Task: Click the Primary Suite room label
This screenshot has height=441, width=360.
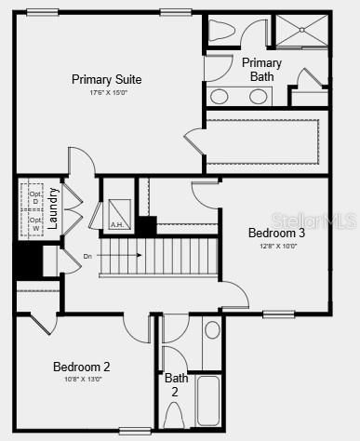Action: [107, 79]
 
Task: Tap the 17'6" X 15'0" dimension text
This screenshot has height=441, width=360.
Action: [107, 92]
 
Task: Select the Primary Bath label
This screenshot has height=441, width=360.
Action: [261, 70]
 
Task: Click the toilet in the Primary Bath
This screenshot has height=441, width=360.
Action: [220, 31]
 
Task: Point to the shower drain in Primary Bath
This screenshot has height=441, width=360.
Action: [300, 31]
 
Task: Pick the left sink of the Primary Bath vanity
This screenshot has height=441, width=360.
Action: [220, 96]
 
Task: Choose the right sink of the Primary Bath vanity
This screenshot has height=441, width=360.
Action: [258, 96]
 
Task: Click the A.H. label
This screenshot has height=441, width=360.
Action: [117, 224]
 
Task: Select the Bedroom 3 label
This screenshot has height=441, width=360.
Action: [275, 233]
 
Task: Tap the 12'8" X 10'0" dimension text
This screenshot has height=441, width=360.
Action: [275, 245]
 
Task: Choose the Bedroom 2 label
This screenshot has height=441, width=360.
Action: [81, 367]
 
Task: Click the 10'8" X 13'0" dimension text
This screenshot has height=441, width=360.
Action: [81, 379]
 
